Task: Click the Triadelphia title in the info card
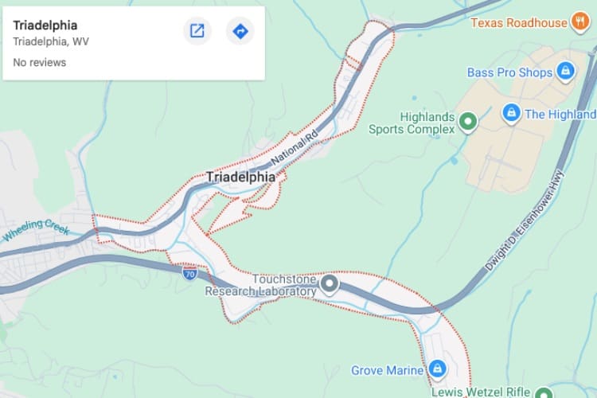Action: [45, 25]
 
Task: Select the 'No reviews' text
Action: [39, 62]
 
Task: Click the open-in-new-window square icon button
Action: [197, 31]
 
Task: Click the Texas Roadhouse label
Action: [519, 22]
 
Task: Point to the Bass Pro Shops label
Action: [509, 72]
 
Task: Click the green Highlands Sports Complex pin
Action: [468, 122]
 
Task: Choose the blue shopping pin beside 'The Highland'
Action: [511, 114]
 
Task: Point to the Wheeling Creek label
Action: [37, 231]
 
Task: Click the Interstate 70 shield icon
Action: [189, 274]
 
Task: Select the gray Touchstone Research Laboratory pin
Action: [329, 283]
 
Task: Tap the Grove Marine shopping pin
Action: [436, 370]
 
